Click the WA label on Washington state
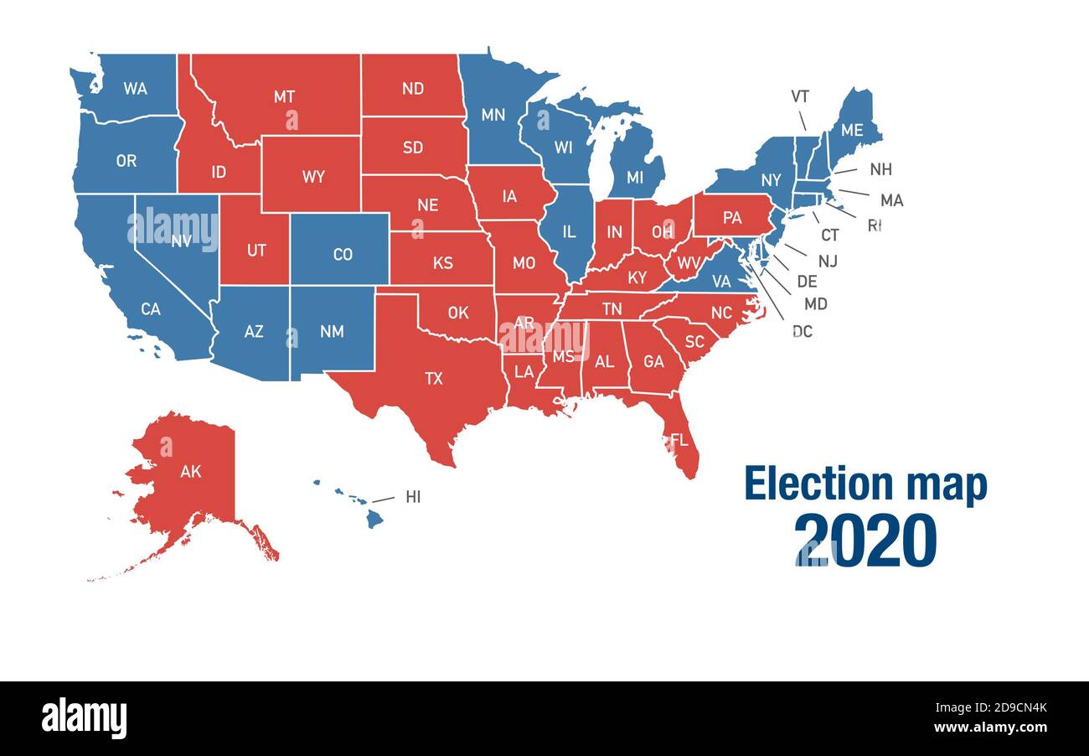coord(135,87)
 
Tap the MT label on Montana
coord(284,96)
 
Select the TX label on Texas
coord(433,378)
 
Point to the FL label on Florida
coord(679,439)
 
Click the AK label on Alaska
coord(190,471)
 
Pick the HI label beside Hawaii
coord(413,497)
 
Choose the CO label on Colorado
coord(343,254)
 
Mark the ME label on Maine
coord(851,130)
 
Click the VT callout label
coord(800,96)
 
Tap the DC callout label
coord(802,331)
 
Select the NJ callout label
coord(827,261)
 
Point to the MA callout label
coord(891,200)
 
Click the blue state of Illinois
coord(567,230)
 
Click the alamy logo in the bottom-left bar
coord(84,718)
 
